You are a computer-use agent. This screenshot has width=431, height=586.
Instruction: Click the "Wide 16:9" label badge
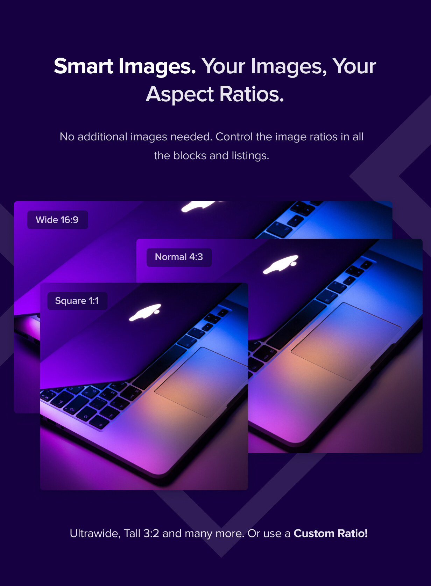[x=58, y=220]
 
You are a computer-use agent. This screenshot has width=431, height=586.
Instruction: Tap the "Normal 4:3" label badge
[x=179, y=257]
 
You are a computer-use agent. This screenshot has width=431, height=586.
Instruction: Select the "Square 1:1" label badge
[x=77, y=301]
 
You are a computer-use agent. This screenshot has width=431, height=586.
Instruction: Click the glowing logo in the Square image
[x=145, y=312]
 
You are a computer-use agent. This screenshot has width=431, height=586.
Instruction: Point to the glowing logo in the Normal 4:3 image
[x=281, y=264]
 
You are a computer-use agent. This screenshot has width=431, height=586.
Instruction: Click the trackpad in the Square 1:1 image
[x=201, y=382]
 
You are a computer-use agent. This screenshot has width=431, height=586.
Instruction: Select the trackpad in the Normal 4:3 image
[x=346, y=342]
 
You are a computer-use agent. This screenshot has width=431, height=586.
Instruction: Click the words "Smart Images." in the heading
[x=125, y=66]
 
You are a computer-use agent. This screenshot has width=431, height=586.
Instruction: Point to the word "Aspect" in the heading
[x=180, y=94]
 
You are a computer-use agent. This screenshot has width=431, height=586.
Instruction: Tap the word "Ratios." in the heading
[x=252, y=94]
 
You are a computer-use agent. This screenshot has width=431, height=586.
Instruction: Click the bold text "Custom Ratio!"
[x=330, y=533]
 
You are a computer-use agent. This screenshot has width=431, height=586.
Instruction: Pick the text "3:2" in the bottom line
[x=151, y=534]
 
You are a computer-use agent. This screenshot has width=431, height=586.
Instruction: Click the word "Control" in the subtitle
[x=234, y=137]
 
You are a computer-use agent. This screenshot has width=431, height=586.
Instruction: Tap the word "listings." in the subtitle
[x=250, y=156]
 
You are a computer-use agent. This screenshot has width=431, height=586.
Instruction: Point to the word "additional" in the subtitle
[x=103, y=137]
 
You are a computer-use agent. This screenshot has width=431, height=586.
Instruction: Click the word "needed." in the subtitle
[x=191, y=137]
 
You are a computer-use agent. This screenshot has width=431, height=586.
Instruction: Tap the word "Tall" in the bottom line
[x=132, y=534]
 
